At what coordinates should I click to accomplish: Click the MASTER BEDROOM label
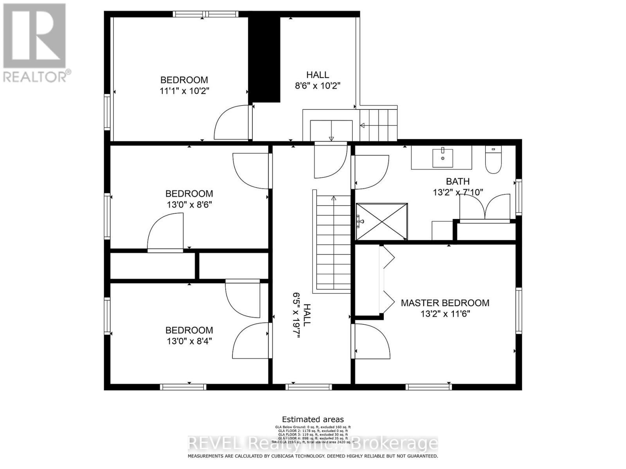(445, 303)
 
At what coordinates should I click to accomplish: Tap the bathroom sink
(443, 157)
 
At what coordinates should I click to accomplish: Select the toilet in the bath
(493, 160)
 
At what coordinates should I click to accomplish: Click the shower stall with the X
(382, 221)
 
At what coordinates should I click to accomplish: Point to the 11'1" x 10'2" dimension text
(185, 91)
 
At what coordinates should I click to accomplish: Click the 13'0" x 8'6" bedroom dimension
(189, 204)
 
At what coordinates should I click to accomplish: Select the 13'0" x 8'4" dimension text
(189, 341)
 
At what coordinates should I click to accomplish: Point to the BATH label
(458, 181)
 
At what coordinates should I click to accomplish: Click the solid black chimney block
(265, 59)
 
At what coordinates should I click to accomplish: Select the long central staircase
(333, 242)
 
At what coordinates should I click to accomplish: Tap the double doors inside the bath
(485, 207)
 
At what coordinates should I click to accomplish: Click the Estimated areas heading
(313, 420)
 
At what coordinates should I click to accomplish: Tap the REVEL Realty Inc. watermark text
(313, 444)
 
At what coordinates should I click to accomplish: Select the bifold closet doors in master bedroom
(387, 279)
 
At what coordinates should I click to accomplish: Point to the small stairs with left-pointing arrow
(378, 125)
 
